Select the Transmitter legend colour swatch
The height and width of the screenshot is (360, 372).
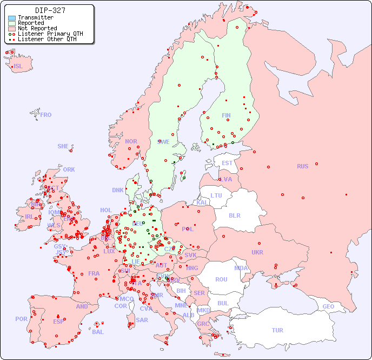tap(12, 18)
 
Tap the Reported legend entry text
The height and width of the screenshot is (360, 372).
tap(31, 23)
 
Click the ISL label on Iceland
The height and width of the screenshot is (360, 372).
tap(18, 67)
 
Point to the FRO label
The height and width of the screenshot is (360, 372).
tap(46, 115)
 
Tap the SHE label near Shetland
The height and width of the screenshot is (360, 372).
tap(63, 146)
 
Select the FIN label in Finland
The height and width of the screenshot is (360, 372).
tap(226, 115)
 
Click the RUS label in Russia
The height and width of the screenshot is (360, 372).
tap(302, 166)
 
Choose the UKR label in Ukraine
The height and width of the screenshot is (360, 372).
tap(257, 252)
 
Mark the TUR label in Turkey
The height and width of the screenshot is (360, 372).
tap(277, 330)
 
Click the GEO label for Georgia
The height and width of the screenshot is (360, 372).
tap(328, 306)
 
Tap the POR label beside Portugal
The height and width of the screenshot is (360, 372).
tap(21, 319)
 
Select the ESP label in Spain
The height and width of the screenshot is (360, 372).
tap(58, 321)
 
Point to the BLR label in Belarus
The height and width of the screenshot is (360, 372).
tap(234, 215)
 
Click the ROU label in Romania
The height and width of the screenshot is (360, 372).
tap(221, 279)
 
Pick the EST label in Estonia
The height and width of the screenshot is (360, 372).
tap(227, 163)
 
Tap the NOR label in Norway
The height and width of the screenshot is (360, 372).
tap(131, 141)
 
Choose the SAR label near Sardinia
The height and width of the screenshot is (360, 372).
tap(142, 320)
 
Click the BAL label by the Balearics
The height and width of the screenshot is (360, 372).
tap(98, 332)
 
